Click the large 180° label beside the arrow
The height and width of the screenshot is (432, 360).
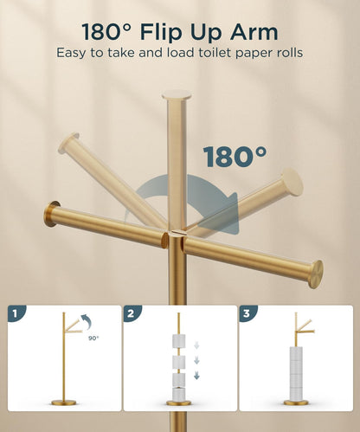coord(235,157)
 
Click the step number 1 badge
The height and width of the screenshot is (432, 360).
coord(18,313)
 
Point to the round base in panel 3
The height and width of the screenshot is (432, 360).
coord(297,403)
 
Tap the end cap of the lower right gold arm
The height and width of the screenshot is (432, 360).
coord(315,274)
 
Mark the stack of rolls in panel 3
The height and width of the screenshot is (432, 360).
coord(297,368)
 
